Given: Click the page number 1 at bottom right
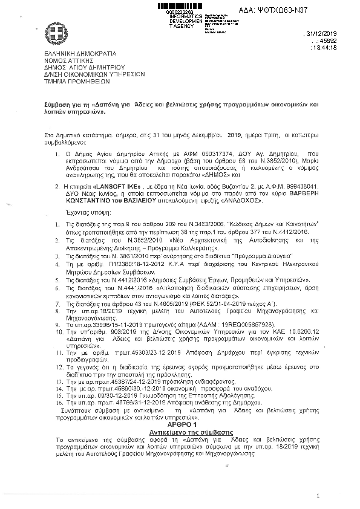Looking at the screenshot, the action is [316, 496].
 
